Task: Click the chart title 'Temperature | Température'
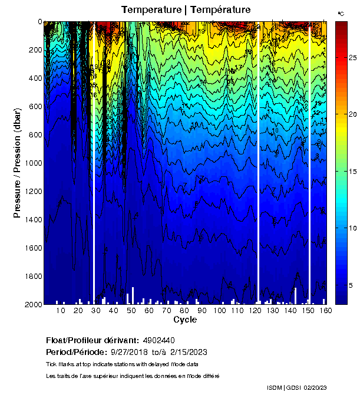point(186,9)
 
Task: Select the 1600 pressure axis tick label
point(33,248)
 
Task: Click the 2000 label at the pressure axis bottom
point(33,304)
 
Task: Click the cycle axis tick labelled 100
point(220,311)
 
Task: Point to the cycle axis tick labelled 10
point(61,311)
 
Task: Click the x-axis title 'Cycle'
point(185,320)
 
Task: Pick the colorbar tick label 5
point(351,285)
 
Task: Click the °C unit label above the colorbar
point(341,13)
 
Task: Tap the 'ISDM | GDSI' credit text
point(283,387)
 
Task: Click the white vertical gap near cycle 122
point(259,165)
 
